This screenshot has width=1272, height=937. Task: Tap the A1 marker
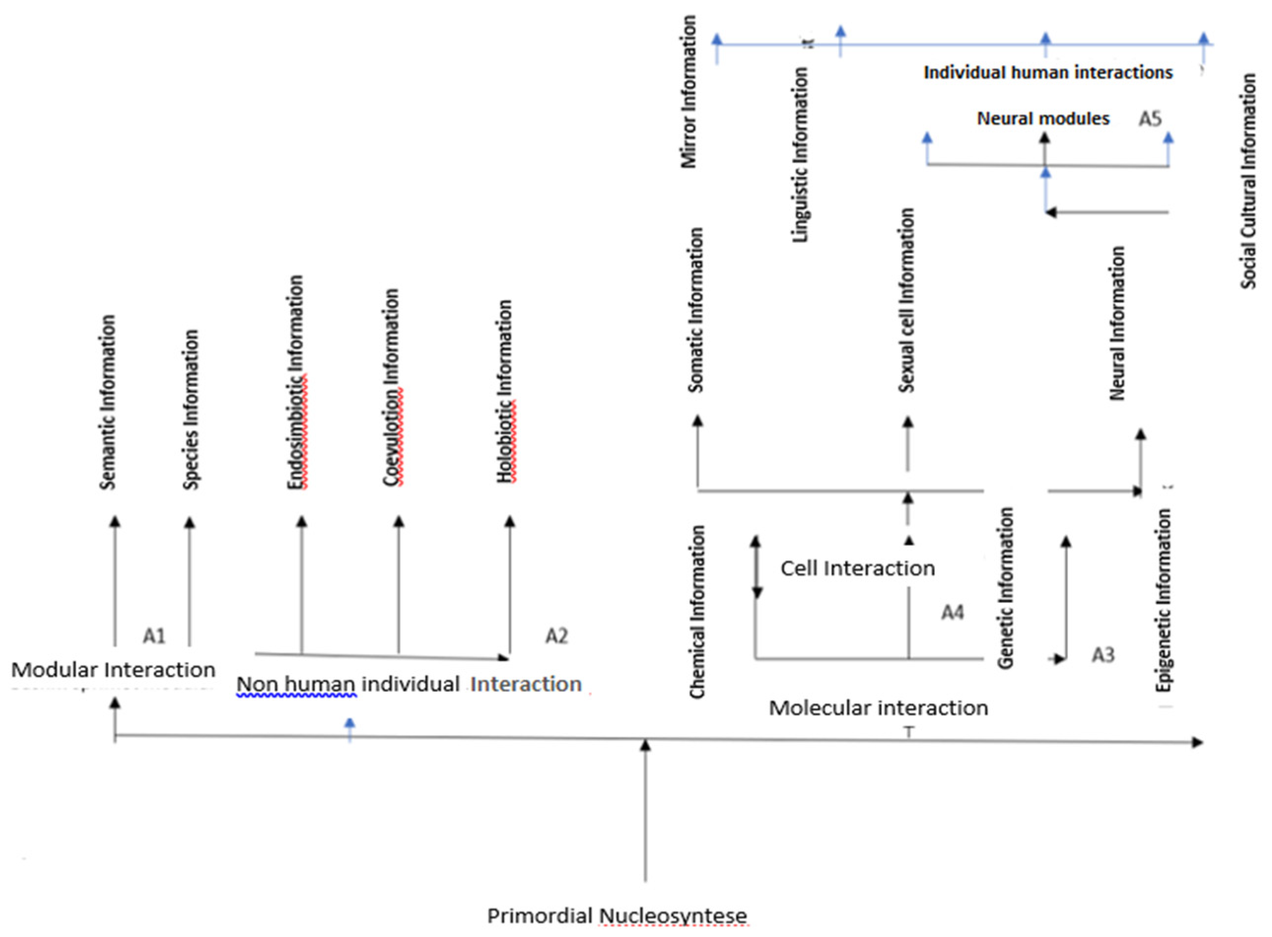point(154,636)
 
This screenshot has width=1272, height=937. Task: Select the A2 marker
point(556,636)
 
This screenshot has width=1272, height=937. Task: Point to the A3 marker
point(1103,655)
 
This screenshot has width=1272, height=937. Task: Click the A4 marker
point(952,612)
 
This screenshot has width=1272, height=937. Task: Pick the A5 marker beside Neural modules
point(1149,119)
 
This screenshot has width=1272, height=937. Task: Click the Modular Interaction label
point(113,670)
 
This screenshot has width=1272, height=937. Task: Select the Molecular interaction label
point(878,708)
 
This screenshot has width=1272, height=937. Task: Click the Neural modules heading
point(1043,119)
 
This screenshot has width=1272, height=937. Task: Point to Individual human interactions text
point(1048,72)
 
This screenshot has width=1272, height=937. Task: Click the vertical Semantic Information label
point(108,402)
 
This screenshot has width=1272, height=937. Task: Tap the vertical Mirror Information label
point(688,92)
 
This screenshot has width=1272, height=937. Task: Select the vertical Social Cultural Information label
point(1248,181)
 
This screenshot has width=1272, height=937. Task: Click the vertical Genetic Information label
point(1005,588)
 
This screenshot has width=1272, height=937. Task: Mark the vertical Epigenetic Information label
point(1164,600)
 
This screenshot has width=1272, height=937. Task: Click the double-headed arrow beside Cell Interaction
point(756,567)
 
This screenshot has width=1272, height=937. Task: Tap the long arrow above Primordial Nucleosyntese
point(645,811)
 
